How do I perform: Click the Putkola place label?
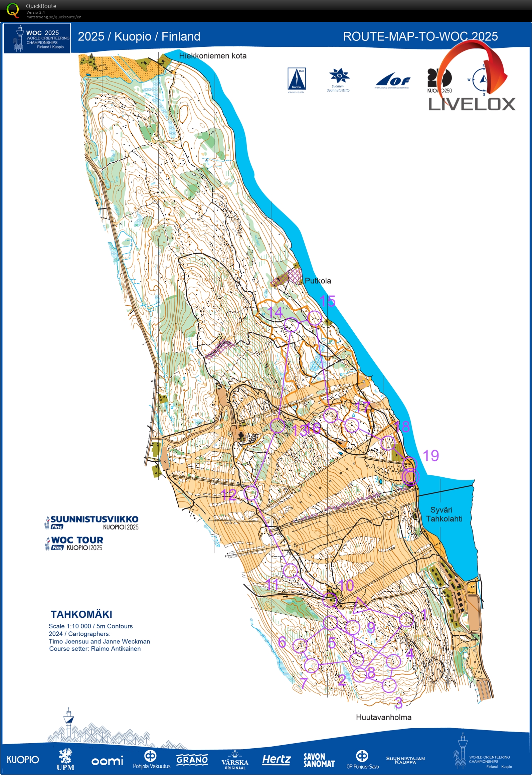tap(318, 281)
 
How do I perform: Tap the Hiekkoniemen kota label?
tap(213, 56)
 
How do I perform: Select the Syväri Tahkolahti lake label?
tap(444, 514)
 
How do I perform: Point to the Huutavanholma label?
tap(383, 717)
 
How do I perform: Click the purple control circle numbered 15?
tap(314, 318)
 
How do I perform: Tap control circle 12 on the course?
tap(251, 493)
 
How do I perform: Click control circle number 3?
tap(389, 685)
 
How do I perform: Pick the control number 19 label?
tap(431, 456)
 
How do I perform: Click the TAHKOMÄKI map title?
tap(81, 614)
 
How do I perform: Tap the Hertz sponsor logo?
tap(276, 760)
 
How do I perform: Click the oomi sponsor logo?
tap(107, 761)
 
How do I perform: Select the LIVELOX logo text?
tap(472, 104)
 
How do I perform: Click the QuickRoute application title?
tap(41, 6)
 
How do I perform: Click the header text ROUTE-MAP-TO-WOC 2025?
tap(420, 36)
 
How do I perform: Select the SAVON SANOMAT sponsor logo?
tap(319, 760)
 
